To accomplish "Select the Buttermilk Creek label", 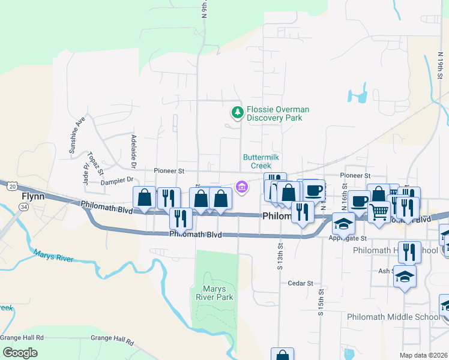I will tap(261, 161).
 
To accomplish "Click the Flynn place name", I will tap(33, 196).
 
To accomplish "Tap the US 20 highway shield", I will tap(12, 187).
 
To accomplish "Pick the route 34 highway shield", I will tap(23, 207).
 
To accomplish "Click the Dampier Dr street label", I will tap(117, 180).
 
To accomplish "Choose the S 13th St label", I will tap(280, 256).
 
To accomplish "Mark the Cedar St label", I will tap(301, 283).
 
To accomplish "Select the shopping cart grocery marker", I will tap(379, 212).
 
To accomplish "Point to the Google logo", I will tap(20, 352).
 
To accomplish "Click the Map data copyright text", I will tap(423, 355).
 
